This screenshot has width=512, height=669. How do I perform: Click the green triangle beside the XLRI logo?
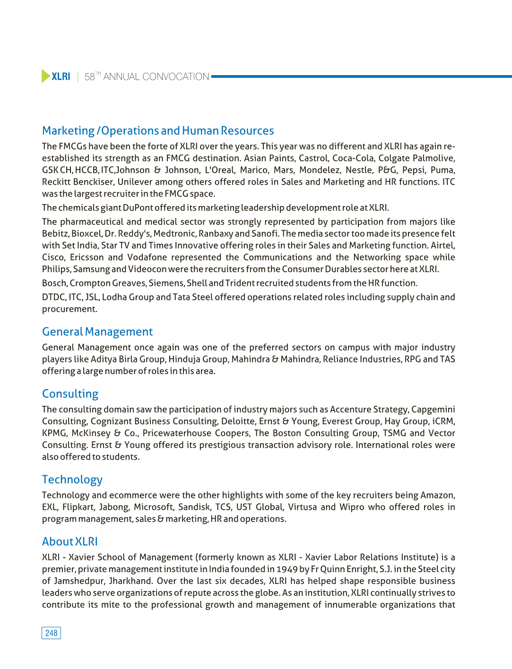[x=45, y=76]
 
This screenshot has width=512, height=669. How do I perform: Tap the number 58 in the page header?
[x=89, y=77]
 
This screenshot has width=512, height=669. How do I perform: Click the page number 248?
[x=51, y=633]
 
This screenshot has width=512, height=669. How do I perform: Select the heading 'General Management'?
[x=97, y=332]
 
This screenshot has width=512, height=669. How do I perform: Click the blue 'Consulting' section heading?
[x=70, y=394]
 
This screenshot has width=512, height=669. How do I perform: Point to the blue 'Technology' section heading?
[x=72, y=480]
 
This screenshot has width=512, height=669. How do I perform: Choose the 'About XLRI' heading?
[x=70, y=541]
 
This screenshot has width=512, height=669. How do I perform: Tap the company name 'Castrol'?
[x=313, y=158]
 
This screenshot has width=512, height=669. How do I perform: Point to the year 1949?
[x=287, y=569]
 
